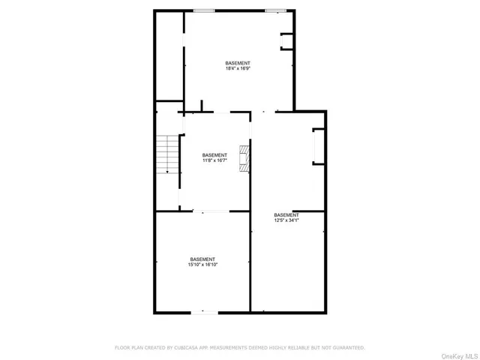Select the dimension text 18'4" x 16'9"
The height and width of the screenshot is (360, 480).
(x=238, y=68)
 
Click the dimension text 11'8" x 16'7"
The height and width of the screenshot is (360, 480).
(x=214, y=160)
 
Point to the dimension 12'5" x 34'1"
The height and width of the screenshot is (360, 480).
(x=286, y=220)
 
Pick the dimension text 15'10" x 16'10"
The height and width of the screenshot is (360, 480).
(x=202, y=264)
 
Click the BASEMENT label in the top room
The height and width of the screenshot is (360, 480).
(x=238, y=63)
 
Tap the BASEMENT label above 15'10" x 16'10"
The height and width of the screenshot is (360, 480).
(x=202, y=259)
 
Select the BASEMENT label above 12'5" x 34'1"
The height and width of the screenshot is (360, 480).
(x=286, y=214)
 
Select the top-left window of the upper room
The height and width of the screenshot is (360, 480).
(x=201, y=10)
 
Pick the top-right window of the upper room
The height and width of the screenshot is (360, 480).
(x=275, y=10)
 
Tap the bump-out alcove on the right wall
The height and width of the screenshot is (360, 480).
(x=318, y=146)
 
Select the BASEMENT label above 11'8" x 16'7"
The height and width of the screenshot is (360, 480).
(x=214, y=155)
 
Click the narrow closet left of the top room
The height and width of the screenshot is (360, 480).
(x=169, y=56)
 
